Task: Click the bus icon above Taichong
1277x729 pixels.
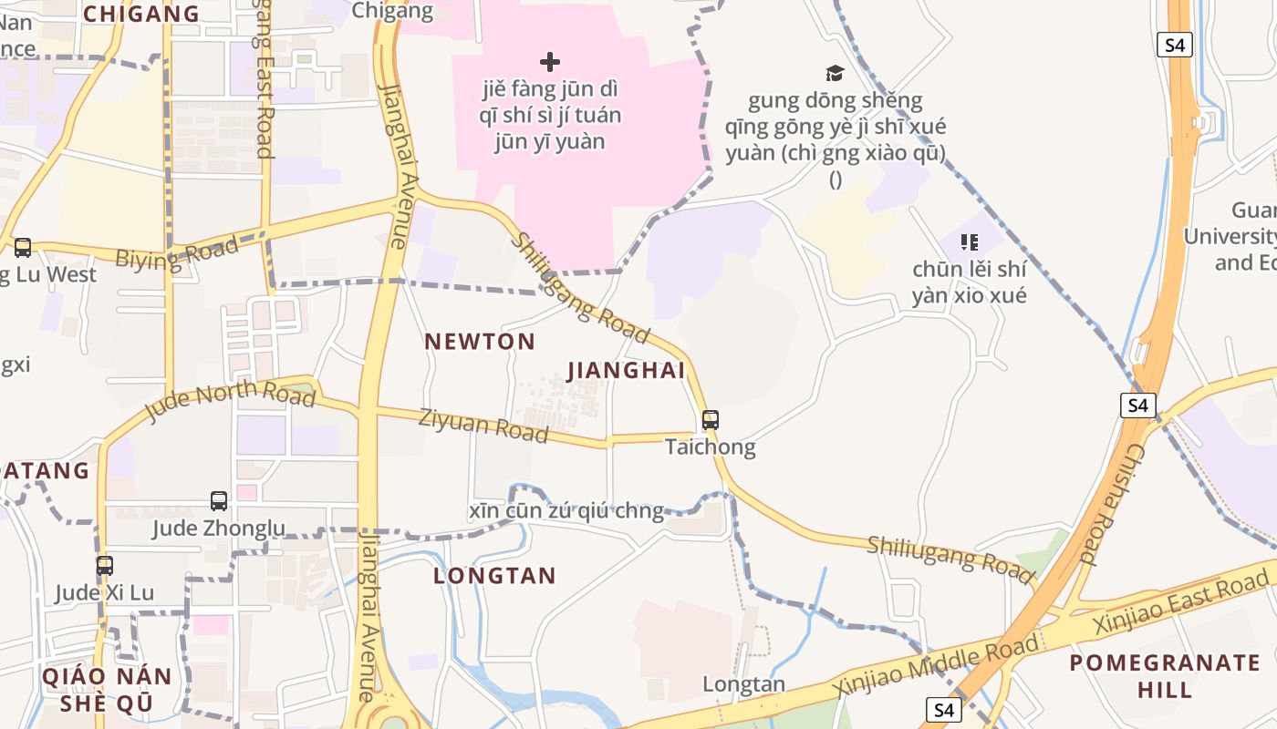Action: pyautogui.click(x=711, y=420)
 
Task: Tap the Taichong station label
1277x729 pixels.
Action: pyautogui.click(x=711, y=447)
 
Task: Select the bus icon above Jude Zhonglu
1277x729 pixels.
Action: pyautogui.click(x=219, y=500)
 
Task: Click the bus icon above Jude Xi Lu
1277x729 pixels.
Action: pyautogui.click(x=105, y=565)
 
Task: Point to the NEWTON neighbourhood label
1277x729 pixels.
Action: pyautogui.click(x=480, y=342)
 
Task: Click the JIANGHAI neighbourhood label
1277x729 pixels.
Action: pyautogui.click(x=626, y=371)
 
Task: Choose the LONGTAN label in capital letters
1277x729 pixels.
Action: pyautogui.click(x=494, y=576)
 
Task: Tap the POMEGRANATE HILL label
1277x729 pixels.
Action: pyautogui.click(x=1165, y=675)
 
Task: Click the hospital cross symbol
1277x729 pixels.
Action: pyautogui.click(x=550, y=62)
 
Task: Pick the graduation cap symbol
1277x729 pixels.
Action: pyautogui.click(x=835, y=73)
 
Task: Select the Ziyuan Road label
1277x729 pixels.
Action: pyautogui.click(x=483, y=426)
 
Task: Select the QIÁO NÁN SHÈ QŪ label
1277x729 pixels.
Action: pyautogui.click(x=107, y=689)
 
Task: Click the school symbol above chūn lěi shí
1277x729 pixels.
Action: pyautogui.click(x=970, y=242)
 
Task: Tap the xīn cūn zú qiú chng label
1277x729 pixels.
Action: pyautogui.click(x=566, y=511)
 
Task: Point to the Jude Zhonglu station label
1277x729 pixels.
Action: pyautogui.click(x=219, y=528)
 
